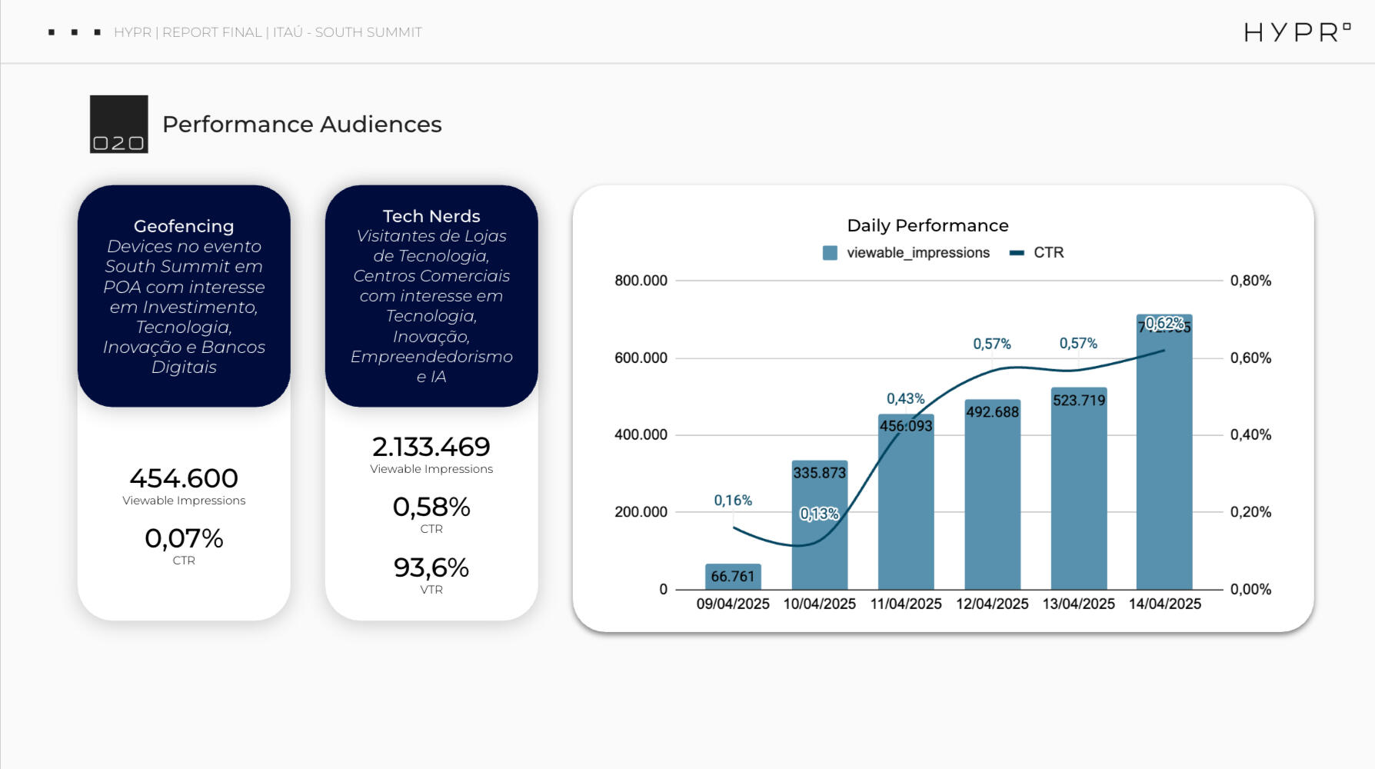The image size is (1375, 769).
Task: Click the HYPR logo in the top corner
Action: pyautogui.click(x=1297, y=32)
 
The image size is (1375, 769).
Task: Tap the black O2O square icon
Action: pyautogui.click(x=118, y=124)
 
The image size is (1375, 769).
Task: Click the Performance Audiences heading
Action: pyautogui.click(x=301, y=124)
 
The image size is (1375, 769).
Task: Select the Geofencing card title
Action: pyautogui.click(x=184, y=226)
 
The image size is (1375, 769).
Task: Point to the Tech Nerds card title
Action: pyautogui.click(x=431, y=216)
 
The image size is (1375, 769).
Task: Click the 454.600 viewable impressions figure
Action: pyautogui.click(x=184, y=478)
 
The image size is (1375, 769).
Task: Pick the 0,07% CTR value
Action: pyautogui.click(x=184, y=538)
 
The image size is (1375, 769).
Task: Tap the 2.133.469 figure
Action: pyautogui.click(x=431, y=447)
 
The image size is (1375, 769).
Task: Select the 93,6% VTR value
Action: pyautogui.click(x=431, y=568)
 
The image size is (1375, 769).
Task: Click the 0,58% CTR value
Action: pyautogui.click(x=431, y=507)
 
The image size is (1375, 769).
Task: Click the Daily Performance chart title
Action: pyautogui.click(x=927, y=225)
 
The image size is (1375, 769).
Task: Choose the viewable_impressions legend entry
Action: pyautogui.click(x=907, y=252)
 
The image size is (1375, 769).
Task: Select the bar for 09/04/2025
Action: pyautogui.click(x=733, y=577)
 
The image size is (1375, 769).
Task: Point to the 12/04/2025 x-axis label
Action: pyautogui.click(x=992, y=604)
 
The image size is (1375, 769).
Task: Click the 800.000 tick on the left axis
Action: pyautogui.click(x=641, y=281)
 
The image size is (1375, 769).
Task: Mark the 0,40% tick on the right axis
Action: pyautogui.click(x=1250, y=434)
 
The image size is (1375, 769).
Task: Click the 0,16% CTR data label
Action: pyautogui.click(x=733, y=501)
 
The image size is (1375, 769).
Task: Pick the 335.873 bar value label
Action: pyautogui.click(x=819, y=473)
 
